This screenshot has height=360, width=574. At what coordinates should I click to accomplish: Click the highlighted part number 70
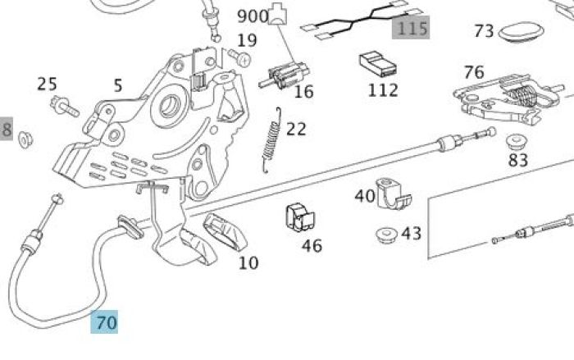[x=106, y=322]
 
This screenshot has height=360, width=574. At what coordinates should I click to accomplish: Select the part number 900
[x=253, y=16]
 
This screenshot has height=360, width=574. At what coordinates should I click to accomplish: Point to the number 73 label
[x=484, y=31]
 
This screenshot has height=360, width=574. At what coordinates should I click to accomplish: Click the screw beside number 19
[x=239, y=57]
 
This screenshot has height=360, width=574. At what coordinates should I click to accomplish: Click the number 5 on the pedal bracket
[x=118, y=85]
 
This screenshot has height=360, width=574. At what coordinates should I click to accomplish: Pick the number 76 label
[x=473, y=72]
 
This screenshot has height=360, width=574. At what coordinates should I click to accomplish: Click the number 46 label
[x=312, y=245]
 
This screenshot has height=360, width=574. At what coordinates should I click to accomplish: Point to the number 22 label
[x=296, y=129]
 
